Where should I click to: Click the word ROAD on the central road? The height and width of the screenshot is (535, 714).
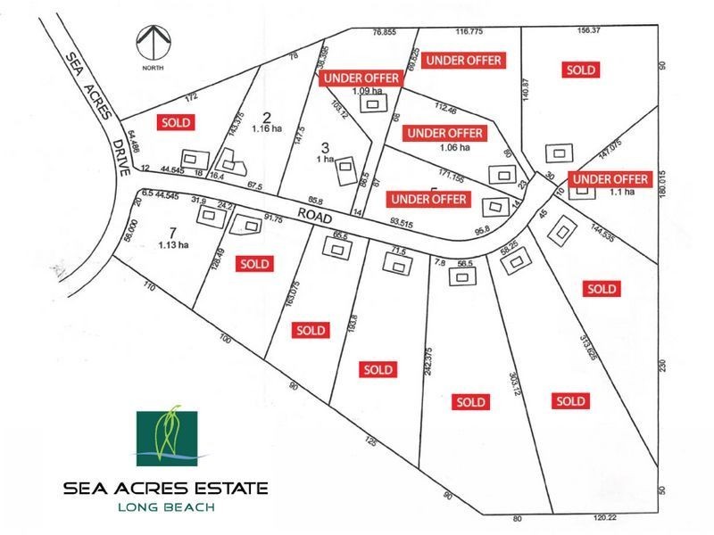tap(318, 215)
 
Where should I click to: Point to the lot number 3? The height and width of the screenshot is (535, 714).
tap(325, 147)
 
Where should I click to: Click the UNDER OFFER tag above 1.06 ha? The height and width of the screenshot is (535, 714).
tap(444, 134)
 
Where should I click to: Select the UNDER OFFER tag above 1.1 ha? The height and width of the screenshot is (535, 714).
tap(610, 179)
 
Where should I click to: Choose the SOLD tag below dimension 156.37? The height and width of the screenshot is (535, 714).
tap(581, 70)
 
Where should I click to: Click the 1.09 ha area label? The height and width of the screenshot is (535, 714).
tap(368, 90)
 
